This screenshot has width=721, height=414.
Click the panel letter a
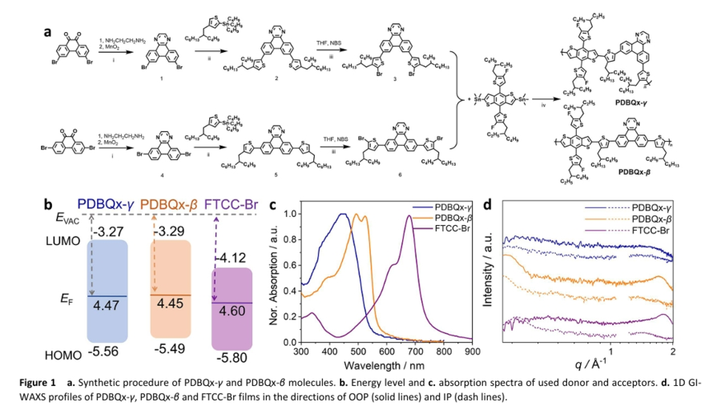(47, 33)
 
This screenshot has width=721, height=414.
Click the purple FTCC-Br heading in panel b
(232, 203)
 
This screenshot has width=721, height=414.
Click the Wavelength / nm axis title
(387, 364)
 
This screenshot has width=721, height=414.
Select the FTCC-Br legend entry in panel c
(453, 230)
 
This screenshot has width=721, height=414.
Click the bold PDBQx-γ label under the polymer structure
(634, 102)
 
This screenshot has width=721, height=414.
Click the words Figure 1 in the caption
(38, 383)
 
